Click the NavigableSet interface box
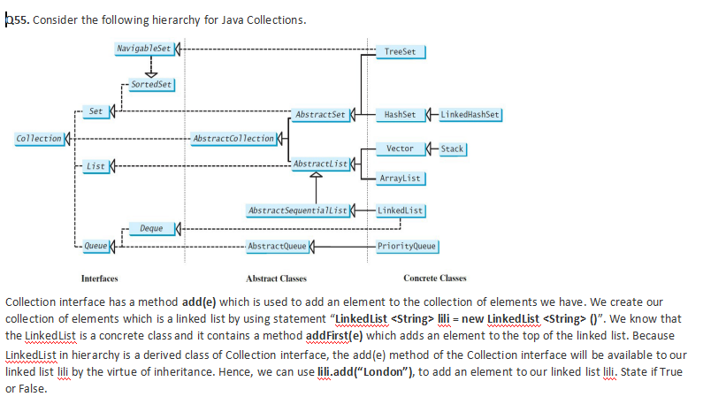pyautogui.click(x=146, y=47)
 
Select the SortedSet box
pyautogui.click(x=151, y=84)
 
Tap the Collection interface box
pyautogui.click(x=39, y=139)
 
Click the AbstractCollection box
pyautogui.click(x=233, y=139)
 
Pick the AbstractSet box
pyautogui.click(x=320, y=115)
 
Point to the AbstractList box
pyautogui.click(x=320, y=164)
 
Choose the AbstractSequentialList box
pyautogui.click(x=298, y=210)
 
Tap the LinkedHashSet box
pyautogui.click(x=470, y=115)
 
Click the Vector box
pyautogui.click(x=401, y=149)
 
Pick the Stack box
pyautogui.click(x=452, y=149)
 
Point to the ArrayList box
pyautogui.click(x=401, y=179)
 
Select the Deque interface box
pyautogui.click(x=150, y=228)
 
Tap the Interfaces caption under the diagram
pyautogui.click(x=99, y=278)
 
